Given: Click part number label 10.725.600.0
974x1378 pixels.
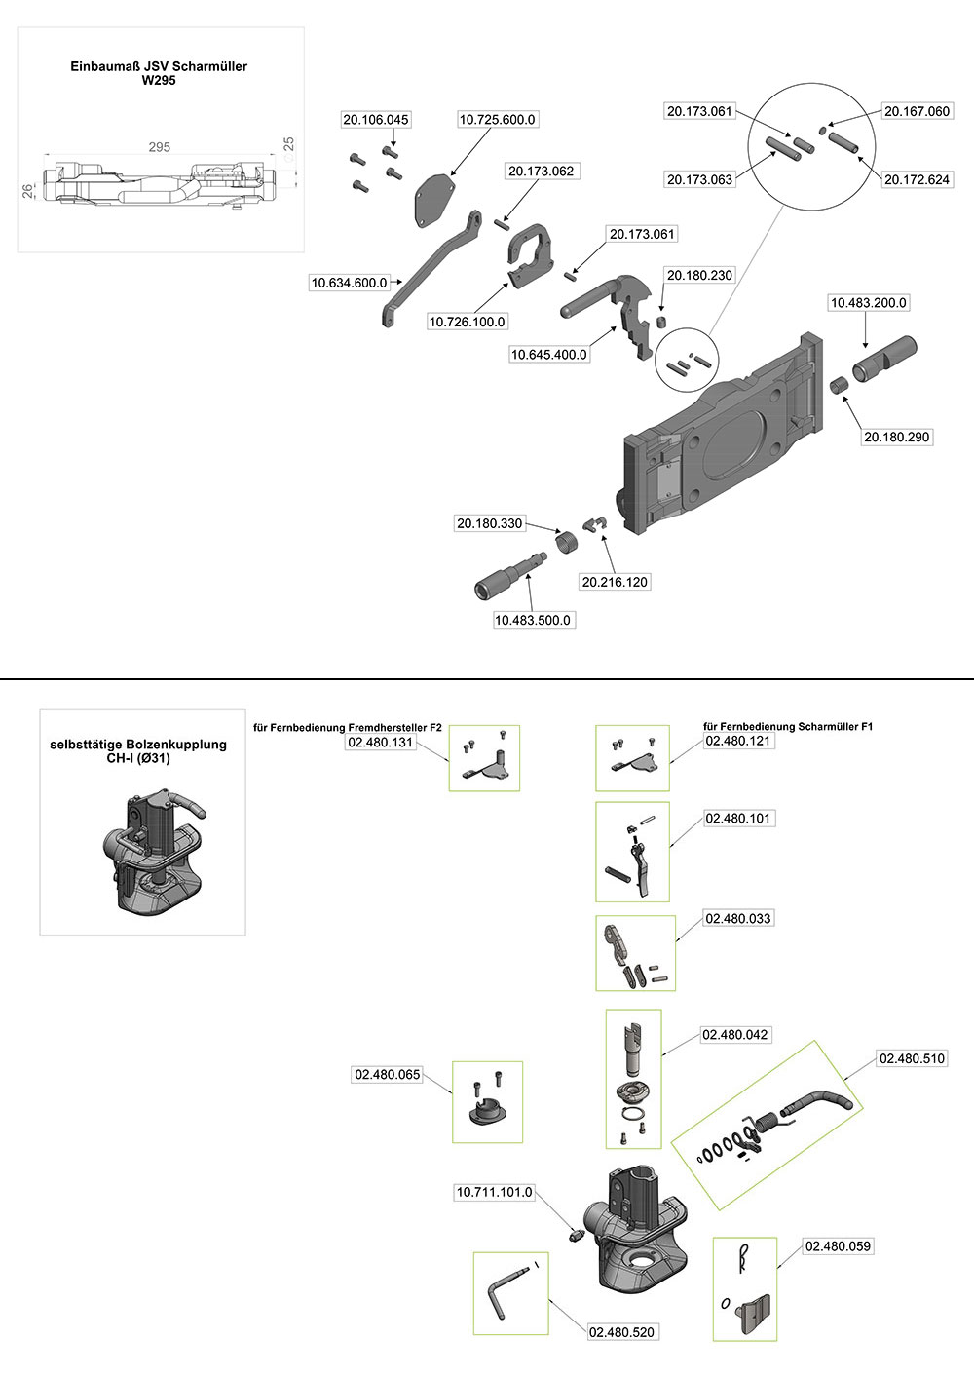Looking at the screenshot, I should point(497,120).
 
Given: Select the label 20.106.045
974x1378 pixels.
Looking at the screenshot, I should point(376,120).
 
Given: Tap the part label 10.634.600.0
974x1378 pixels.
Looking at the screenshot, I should point(349,283).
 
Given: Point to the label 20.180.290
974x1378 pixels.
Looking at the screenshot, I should point(897,438).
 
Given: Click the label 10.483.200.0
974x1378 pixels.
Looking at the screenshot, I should point(868,303).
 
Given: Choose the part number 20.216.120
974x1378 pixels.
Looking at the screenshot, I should point(615,582).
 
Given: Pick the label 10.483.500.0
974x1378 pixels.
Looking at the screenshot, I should point(533,620).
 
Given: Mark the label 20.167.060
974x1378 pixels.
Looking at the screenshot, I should point(917,111).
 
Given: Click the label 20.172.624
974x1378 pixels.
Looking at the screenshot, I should point(917,180).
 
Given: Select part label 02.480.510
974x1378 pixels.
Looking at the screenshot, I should point(912,1058).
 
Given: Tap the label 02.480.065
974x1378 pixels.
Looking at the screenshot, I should point(388,1075).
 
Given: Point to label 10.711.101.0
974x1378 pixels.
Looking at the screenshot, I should point(495,1192).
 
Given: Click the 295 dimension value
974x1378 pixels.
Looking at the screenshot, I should point(159,147).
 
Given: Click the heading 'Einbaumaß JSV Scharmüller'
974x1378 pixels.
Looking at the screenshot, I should point(159,66).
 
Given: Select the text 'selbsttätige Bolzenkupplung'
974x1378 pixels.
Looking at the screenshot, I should point(138,745).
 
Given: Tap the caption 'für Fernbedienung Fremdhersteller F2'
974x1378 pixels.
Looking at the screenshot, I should point(348,727).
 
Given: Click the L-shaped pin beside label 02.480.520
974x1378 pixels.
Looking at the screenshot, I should point(501,1291).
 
